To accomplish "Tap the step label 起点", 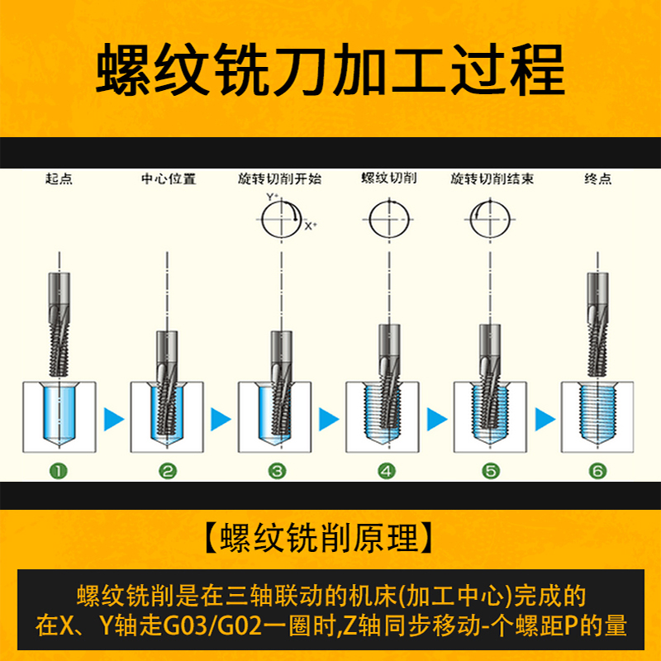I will (x=59, y=178).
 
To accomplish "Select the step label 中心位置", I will (x=169, y=178).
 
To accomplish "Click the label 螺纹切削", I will (x=388, y=178).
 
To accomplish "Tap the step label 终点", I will (x=597, y=178).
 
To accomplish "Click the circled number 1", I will (x=59, y=471).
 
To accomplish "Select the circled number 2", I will (x=168, y=471).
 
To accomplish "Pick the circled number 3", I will (x=278, y=471).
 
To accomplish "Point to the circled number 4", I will (x=387, y=471).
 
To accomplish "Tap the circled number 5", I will (x=491, y=471).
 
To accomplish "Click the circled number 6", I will (x=597, y=471).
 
